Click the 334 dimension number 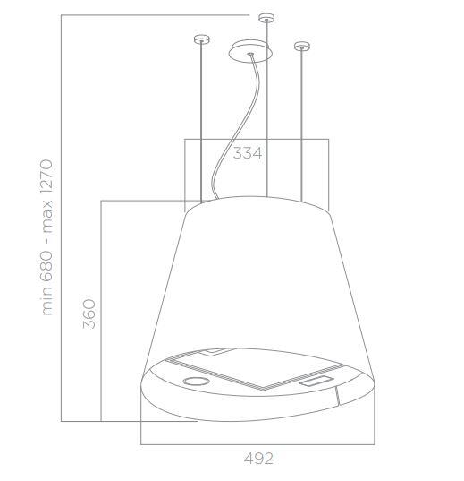[x=248, y=153]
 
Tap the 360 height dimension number [x=89, y=313]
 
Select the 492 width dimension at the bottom [x=257, y=458]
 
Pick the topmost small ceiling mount [x=266, y=17]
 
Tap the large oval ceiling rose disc [x=249, y=52]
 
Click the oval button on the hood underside [x=195, y=382]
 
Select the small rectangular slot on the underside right [x=318, y=382]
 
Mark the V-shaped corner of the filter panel [x=260, y=390]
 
